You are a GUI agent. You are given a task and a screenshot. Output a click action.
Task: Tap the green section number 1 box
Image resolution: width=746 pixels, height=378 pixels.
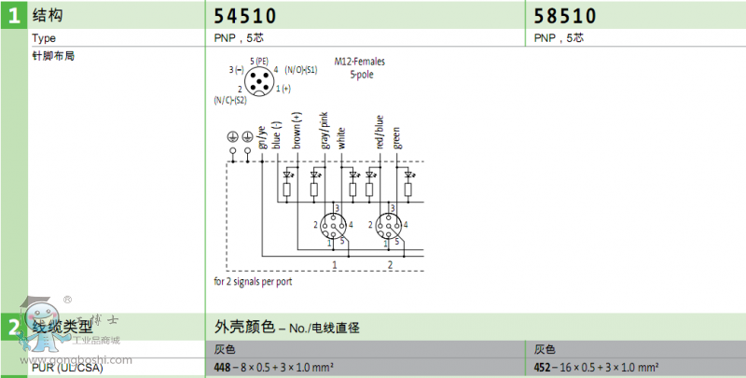14,16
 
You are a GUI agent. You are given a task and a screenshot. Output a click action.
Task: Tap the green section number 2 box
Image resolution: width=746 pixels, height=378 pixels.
14,328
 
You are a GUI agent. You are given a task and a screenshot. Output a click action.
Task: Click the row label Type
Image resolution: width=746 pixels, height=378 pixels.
45,39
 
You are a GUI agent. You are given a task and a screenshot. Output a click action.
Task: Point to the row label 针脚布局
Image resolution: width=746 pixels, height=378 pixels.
52,56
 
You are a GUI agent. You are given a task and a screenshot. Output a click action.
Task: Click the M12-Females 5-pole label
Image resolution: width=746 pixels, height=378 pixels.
359,68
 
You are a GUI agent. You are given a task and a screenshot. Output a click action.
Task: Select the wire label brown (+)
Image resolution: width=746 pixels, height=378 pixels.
297,131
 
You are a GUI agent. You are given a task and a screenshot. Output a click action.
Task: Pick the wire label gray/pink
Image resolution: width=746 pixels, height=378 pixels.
325,131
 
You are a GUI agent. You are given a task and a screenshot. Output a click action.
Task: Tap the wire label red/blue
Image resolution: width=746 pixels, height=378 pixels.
380,132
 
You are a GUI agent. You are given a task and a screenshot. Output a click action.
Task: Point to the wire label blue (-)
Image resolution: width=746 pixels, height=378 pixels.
277,133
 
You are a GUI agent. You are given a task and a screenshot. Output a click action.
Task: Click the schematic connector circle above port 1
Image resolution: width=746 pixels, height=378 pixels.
333,225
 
